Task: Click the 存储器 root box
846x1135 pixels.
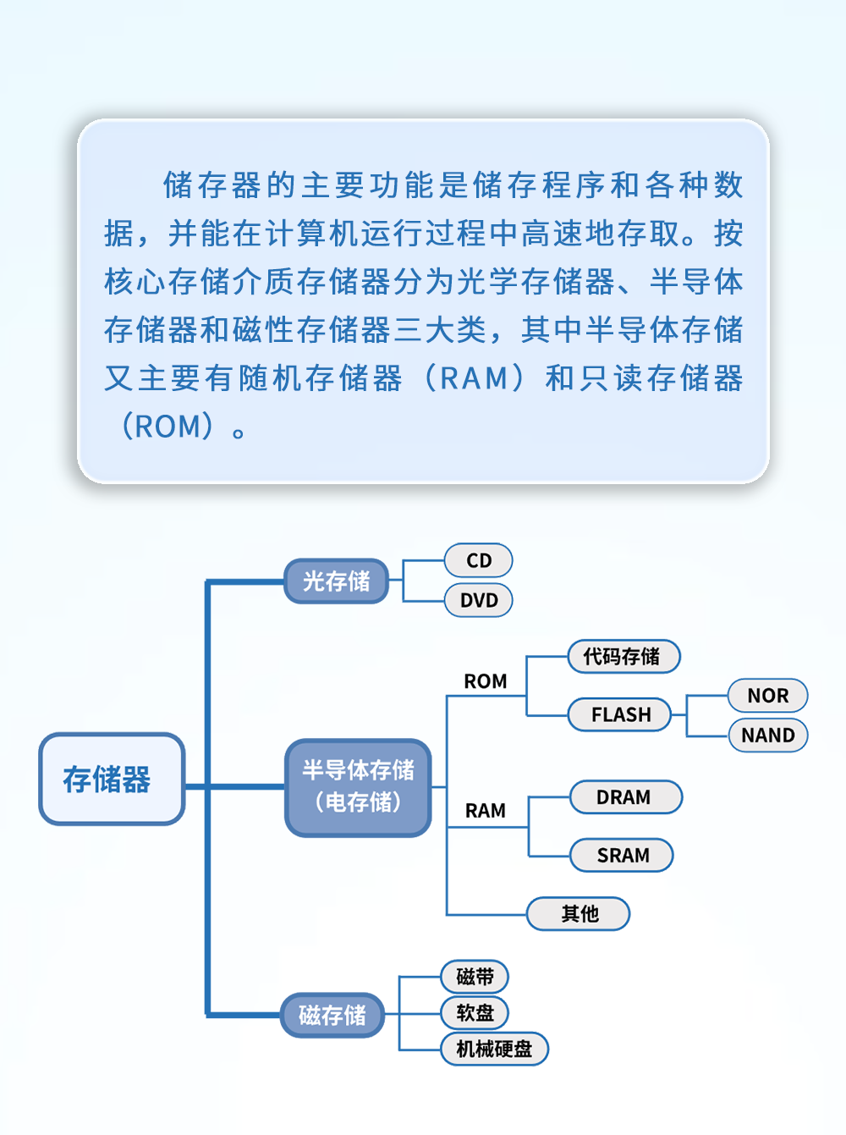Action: (x=111, y=780)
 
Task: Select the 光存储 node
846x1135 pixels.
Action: (x=336, y=581)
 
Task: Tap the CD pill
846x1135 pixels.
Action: (x=478, y=560)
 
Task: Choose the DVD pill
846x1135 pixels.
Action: (x=478, y=600)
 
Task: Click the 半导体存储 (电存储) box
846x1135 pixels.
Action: (x=358, y=787)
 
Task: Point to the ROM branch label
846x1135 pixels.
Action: (x=485, y=681)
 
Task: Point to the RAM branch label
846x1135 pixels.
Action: (x=485, y=811)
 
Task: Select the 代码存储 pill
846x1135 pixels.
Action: (x=623, y=657)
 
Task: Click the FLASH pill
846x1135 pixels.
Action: (x=620, y=714)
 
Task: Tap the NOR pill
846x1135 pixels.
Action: (x=767, y=696)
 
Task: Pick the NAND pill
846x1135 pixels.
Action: (x=767, y=736)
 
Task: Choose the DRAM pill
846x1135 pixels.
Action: (x=624, y=797)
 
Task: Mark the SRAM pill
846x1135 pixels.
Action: (x=623, y=856)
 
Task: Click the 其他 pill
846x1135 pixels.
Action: (x=579, y=914)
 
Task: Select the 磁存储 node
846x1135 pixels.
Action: (x=332, y=1015)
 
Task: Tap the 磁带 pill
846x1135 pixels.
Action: (x=475, y=977)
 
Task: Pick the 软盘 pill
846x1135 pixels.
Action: (x=475, y=1012)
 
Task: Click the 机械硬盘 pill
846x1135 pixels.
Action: (x=494, y=1050)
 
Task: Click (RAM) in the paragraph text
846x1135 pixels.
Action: (x=475, y=378)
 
